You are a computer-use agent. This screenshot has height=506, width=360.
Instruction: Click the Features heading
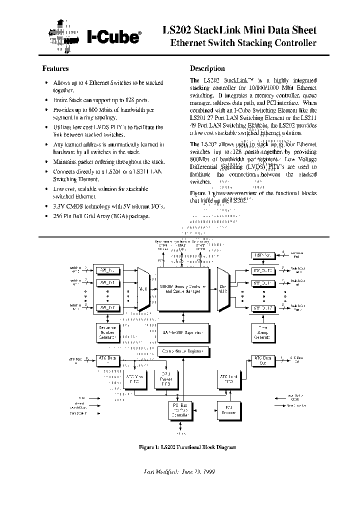(55, 68)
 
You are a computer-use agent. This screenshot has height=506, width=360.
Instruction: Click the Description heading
(207, 68)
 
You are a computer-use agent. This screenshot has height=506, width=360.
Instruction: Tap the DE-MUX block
(222, 288)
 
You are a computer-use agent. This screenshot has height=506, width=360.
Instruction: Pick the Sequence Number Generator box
(107, 332)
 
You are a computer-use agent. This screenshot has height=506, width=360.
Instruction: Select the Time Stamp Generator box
(263, 332)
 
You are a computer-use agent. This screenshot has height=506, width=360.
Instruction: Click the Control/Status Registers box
(183, 351)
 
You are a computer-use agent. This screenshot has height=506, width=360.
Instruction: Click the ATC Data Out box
(263, 360)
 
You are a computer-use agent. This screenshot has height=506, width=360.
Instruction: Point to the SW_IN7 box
(107, 307)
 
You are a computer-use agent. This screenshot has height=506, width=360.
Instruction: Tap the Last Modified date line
(179, 471)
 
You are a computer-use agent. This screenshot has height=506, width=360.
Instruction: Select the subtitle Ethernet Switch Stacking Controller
(243, 43)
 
